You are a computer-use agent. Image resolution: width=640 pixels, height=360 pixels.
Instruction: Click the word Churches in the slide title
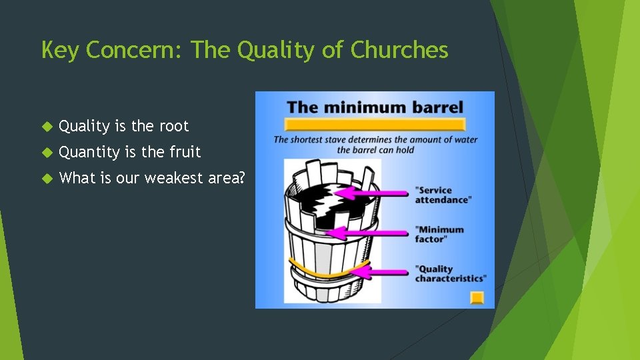(399, 50)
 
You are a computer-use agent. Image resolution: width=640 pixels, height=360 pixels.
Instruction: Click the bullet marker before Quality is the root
(46, 126)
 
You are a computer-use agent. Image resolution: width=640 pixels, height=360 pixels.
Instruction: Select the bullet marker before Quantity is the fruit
(46, 152)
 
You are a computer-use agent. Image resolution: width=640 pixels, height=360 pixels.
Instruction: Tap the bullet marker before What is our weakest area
(46, 178)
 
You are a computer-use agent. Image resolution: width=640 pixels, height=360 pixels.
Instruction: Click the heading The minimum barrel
(375, 107)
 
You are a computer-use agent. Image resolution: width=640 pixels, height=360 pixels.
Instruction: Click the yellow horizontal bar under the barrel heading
(374, 125)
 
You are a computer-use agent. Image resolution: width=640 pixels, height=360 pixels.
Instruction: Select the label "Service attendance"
(443, 195)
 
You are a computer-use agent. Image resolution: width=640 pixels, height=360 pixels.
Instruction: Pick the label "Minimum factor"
(439, 234)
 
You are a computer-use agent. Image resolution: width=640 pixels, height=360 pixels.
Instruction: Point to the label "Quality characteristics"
(450, 273)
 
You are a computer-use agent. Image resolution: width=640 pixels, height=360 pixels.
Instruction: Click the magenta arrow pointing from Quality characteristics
(387, 272)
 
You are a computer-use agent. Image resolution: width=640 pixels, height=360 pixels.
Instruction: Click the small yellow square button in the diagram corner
(477, 297)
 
